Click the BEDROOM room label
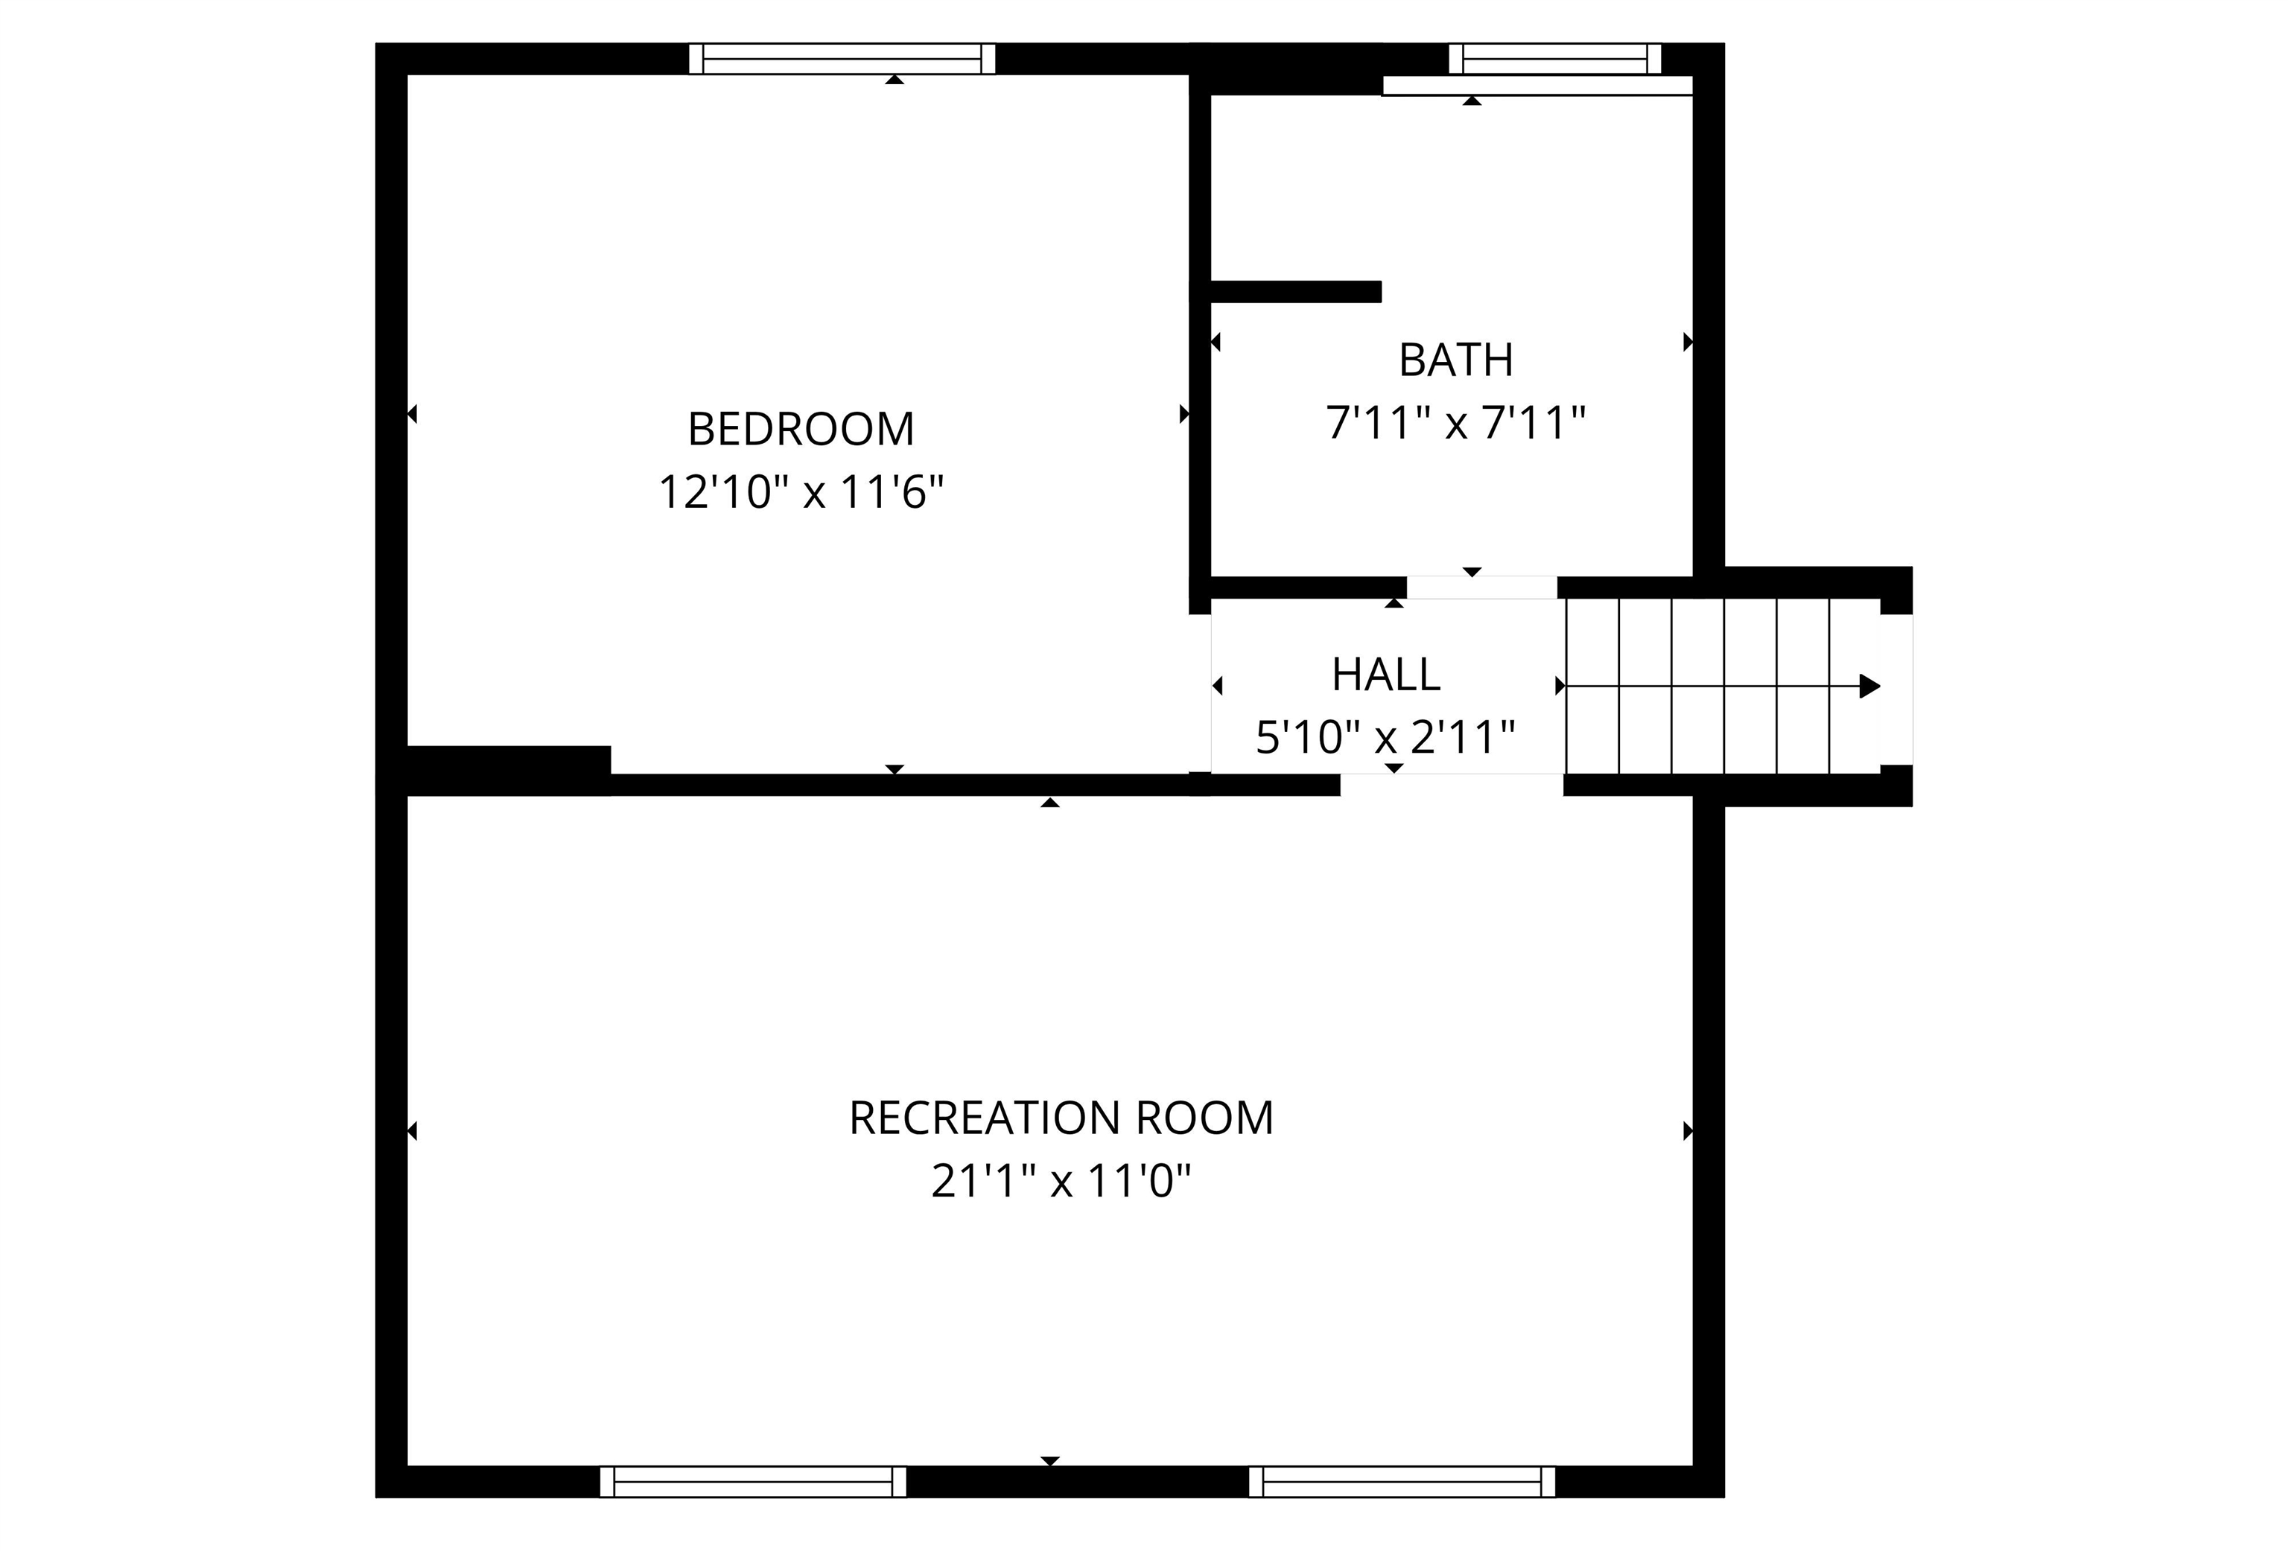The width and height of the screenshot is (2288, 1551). tap(801, 429)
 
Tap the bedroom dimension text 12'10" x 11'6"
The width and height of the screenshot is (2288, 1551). tap(801, 492)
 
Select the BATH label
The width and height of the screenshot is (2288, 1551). tap(1455, 360)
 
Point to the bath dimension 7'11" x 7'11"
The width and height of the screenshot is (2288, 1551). tap(1455, 423)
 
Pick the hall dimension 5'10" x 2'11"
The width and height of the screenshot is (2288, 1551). tap(1385, 737)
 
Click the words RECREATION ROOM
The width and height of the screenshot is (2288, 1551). tap(1061, 1118)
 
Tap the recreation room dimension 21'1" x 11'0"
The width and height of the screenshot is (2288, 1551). tap(1061, 1181)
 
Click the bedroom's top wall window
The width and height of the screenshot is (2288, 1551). tap(842, 59)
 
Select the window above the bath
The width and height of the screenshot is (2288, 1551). tap(1554, 59)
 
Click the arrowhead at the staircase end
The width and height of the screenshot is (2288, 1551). tap(1869, 686)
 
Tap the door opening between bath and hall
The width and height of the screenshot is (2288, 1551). tap(1481, 587)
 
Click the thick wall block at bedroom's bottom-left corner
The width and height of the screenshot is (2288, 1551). tap(508, 768)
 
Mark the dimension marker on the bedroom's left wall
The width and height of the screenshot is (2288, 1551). tap(413, 414)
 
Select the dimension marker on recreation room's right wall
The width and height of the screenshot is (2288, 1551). tap(1688, 1131)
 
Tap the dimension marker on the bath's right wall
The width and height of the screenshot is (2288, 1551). tap(1688, 342)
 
